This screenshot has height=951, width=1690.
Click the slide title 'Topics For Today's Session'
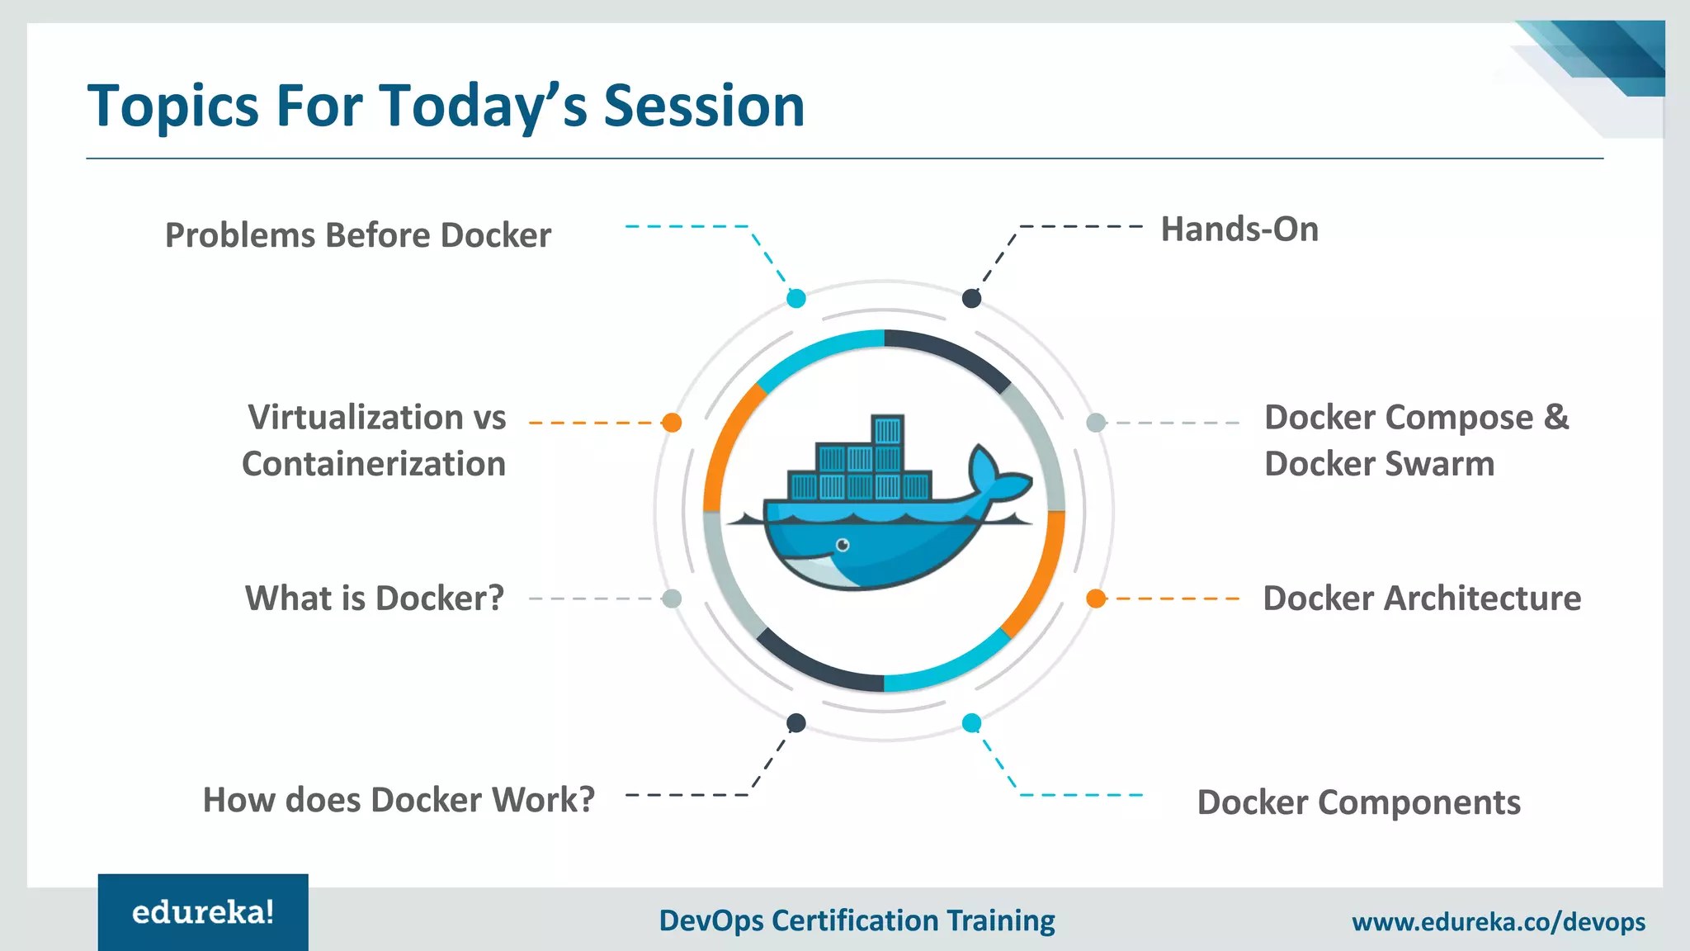coord(446,106)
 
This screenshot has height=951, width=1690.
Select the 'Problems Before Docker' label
coord(358,235)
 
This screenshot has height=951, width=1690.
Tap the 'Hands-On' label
coord(1239,229)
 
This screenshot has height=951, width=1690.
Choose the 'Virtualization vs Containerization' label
coord(375,440)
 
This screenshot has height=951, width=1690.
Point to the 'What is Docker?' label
coord(375,599)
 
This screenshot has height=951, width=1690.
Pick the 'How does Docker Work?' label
coord(399,800)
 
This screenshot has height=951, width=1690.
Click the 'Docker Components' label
coord(1358,802)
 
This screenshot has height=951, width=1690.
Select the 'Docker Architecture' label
coord(1422,599)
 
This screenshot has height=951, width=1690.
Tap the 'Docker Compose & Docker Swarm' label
coord(1416,440)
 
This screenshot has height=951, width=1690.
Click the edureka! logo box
coord(203,912)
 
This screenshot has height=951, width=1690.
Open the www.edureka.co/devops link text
coord(1498,921)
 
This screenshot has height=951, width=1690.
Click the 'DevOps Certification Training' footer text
coord(857,920)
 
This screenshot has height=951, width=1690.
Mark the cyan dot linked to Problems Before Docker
coord(796,299)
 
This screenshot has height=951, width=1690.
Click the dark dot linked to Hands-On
coord(971,299)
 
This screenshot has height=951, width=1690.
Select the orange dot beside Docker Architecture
coord(1096,599)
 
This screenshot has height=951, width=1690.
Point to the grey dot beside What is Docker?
coord(673,599)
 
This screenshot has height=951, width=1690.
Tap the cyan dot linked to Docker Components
coord(971,723)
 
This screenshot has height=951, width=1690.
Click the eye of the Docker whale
coord(843,545)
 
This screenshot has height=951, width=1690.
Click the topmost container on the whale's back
coord(888,430)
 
